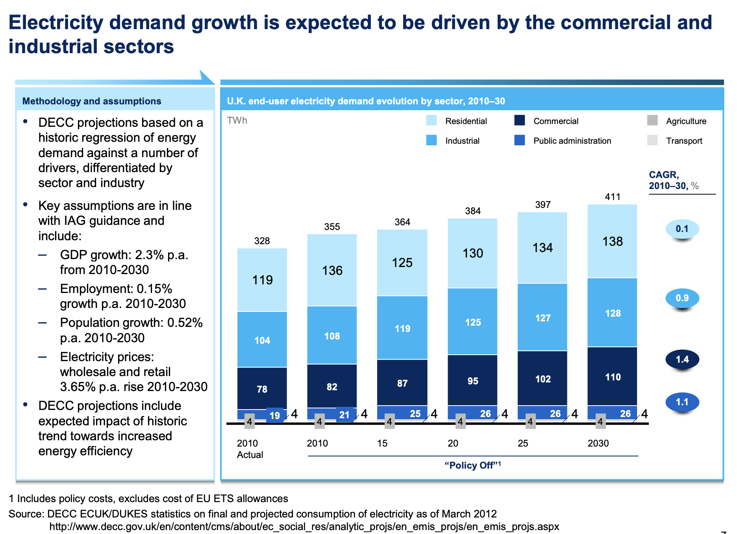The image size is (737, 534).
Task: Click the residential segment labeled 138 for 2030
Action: [x=612, y=241]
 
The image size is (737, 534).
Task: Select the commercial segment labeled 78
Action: [x=262, y=389]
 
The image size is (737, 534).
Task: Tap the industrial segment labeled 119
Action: [x=402, y=328]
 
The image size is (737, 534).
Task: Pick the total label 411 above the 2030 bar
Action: [x=612, y=197]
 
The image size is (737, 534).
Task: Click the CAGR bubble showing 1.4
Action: [x=682, y=359]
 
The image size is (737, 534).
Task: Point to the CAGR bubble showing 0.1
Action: [x=682, y=229]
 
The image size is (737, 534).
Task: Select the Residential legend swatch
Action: [x=431, y=121]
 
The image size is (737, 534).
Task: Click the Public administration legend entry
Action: [x=572, y=141]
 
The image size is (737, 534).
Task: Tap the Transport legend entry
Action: [x=684, y=141]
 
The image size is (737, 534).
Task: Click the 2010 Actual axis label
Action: [x=250, y=449]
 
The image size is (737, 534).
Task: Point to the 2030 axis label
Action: [x=598, y=443]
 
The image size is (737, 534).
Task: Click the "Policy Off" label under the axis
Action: [x=472, y=465]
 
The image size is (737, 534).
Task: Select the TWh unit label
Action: [x=237, y=121]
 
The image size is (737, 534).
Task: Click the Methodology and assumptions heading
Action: [x=92, y=101]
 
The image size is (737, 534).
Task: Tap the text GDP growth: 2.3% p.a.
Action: [x=124, y=255]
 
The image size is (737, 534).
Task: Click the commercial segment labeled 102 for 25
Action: [x=543, y=378]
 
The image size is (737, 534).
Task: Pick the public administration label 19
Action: [x=275, y=415]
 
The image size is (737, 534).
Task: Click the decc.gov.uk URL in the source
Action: [x=304, y=527]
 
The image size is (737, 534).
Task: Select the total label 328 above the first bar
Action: [x=262, y=241]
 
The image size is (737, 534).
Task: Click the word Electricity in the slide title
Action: [x=56, y=23]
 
